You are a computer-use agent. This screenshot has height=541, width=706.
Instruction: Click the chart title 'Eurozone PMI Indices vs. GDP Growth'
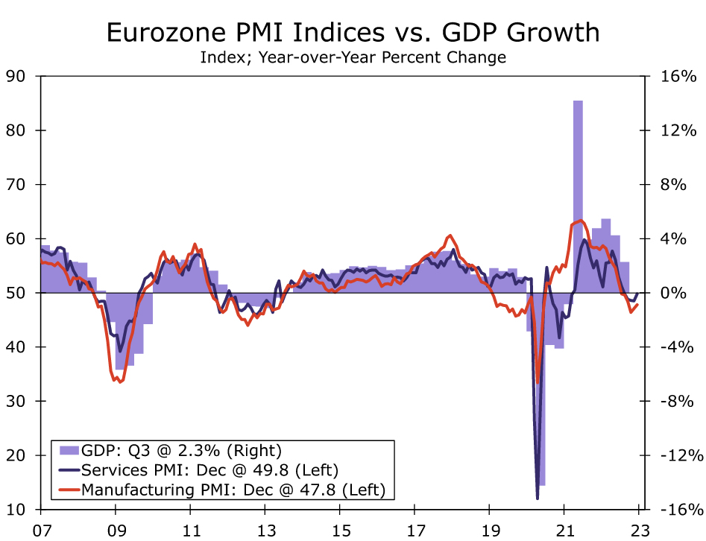click(x=353, y=32)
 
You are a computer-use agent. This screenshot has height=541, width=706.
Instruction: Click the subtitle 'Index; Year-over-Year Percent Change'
click(x=353, y=57)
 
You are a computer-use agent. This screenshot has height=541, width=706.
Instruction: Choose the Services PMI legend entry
click(x=210, y=470)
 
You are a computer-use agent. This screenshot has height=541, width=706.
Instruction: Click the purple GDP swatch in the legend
click(x=69, y=450)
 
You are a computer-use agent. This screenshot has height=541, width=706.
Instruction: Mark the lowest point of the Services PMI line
click(x=537, y=498)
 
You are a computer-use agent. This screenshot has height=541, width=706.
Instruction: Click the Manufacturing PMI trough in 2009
click(x=119, y=382)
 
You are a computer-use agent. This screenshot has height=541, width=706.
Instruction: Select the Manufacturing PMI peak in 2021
click(x=581, y=220)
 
